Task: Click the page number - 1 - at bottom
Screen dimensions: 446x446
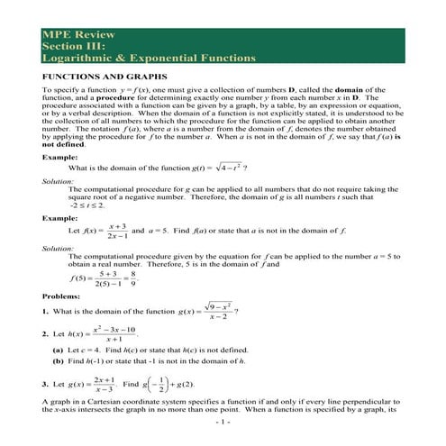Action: pyautogui.click(x=223, y=423)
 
